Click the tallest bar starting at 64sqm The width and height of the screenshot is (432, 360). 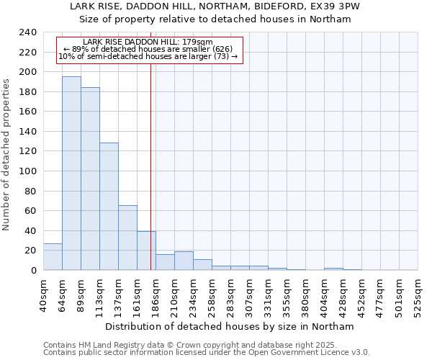pyautogui.click(x=71, y=173)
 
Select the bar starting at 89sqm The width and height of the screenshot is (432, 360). pyautogui.click(x=90, y=179)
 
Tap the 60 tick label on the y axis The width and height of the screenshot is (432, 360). pyautogui.click(x=30, y=211)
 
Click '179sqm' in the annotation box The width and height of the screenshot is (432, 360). pyautogui.click(x=198, y=42)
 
